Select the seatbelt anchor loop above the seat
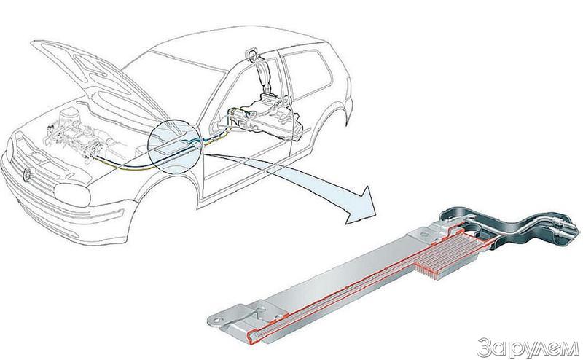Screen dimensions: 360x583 (x=254, y=52)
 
